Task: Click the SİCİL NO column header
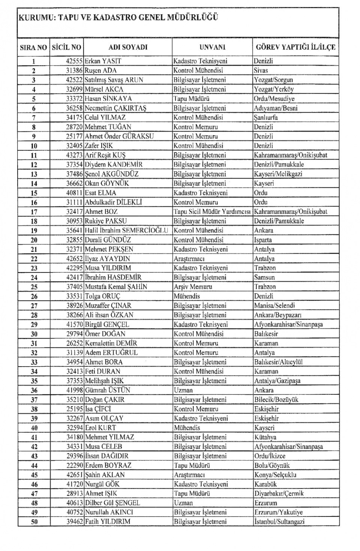point(66,47)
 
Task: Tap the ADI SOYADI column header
point(128,47)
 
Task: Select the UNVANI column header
point(212,47)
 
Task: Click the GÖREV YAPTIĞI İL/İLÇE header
point(295,47)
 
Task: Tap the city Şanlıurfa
point(266,117)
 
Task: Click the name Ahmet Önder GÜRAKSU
point(119,136)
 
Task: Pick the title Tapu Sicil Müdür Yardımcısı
point(212,212)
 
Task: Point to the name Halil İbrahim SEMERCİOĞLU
point(126,231)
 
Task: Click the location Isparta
point(263,240)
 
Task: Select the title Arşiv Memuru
point(193,287)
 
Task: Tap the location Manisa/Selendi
point(274,305)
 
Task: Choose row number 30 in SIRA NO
point(34,334)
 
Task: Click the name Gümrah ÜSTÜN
point(108,390)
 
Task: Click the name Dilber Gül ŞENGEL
point(112,503)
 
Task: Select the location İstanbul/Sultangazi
point(279,522)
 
